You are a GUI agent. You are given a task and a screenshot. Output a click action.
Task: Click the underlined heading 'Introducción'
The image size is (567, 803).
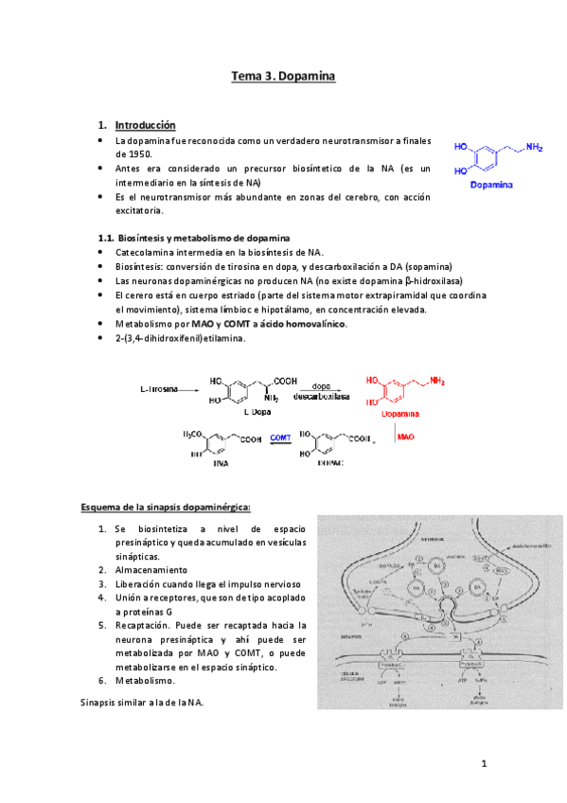tap(145, 125)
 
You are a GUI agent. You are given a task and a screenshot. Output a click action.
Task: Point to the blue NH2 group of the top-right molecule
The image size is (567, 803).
tap(535, 147)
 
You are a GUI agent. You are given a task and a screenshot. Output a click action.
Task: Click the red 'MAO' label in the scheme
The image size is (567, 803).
tap(406, 437)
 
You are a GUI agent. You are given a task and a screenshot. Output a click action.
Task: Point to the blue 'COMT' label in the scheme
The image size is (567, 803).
tap(280, 437)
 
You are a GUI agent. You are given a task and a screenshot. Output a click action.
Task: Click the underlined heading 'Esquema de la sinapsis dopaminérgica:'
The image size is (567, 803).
tap(166, 507)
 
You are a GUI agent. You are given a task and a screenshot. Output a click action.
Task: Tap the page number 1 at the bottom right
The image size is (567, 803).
tap(482, 764)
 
